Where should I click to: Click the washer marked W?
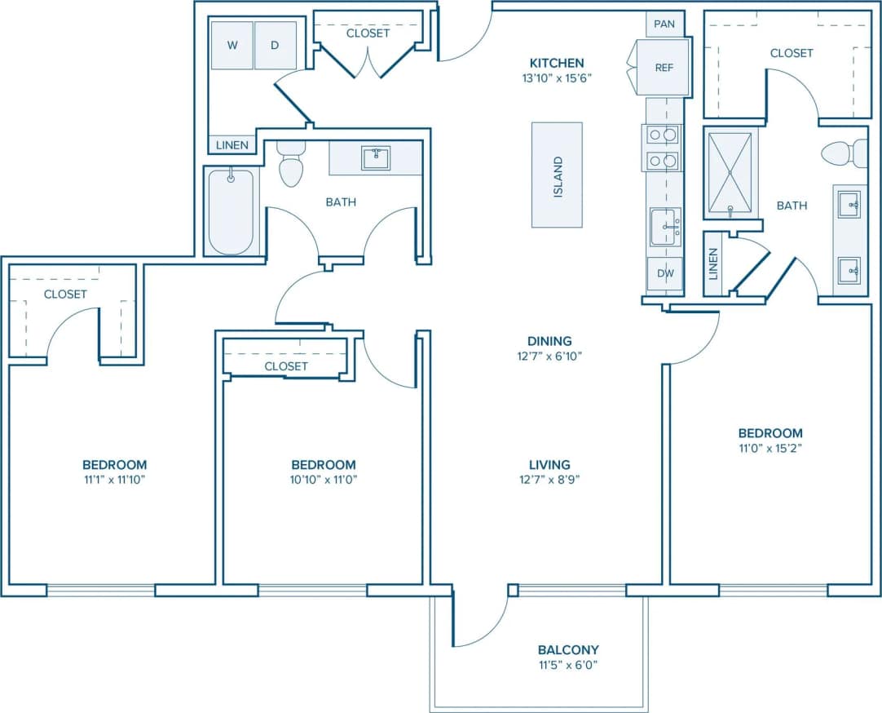pyautogui.click(x=232, y=46)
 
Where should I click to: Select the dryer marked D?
pyautogui.click(x=276, y=46)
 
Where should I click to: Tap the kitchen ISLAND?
pyautogui.click(x=558, y=175)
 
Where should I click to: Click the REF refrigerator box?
pyautogui.click(x=664, y=68)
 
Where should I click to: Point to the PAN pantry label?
pyautogui.click(x=664, y=24)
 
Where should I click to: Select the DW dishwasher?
pyautogui.click(x=665, y=273)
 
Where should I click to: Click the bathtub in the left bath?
pyautogui.click(x=231, y=211)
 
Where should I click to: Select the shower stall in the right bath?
pyautogui.click(x=730, y=172)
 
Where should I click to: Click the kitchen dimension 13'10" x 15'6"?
pyautogui.click(x=557, y=78)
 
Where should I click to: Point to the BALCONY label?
pyautogui.click(x=568, y=650)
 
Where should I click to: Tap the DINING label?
pyautogui.click(x=549, y=341)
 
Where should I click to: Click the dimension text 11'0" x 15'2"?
pyautogui.click(x=770, y=448)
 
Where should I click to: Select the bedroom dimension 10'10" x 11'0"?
pyautogui.click(x=324, y=479)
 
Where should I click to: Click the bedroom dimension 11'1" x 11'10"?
pyautogui.click(x=114, y=479)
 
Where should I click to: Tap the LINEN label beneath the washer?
pyautogui.click(x=232, y=145)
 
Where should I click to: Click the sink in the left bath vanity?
pyautogui.click(x=376, y=157)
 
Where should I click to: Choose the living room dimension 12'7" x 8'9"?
pyautogui.click(x=549, y=479)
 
